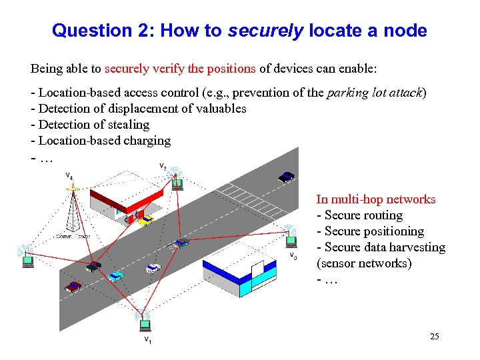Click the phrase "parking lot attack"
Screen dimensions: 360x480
click(x=376, y=93)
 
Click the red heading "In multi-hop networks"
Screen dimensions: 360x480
click(x=375, y=199)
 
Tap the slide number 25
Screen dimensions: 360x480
click(x=434, y=336)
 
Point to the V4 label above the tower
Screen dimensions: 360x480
click(x=69, y=177)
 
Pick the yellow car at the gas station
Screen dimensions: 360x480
click(x=146, y=219)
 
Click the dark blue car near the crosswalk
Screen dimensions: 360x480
click(x=286, y=177)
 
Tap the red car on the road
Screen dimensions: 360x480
click(x=73, y=287)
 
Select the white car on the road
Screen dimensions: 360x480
click(x=152, y=269)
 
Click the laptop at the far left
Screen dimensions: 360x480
click(x=27, y=260)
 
